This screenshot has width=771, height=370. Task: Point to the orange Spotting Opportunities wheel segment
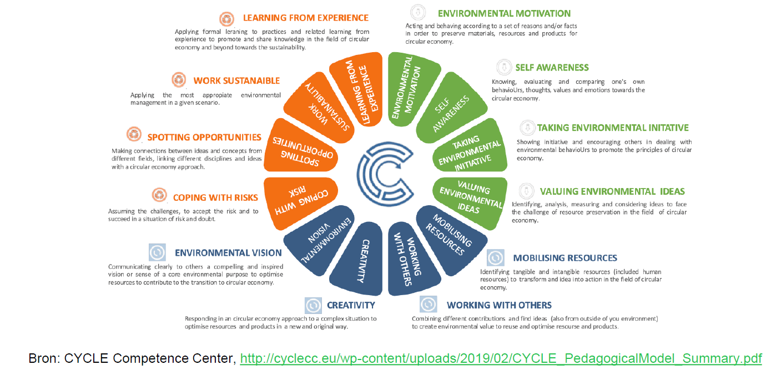click(x=294, y=150)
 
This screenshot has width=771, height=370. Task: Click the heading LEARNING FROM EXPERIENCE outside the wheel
click(x=305, y=18)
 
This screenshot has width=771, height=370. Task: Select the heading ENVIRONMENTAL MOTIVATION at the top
click(x=504, y=13)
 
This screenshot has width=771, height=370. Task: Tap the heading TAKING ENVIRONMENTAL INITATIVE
click(x=613, y=128)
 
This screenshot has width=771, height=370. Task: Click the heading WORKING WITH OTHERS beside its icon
click(x=499, y=305)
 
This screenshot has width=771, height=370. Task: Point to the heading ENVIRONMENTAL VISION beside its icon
click(x=228, y=253)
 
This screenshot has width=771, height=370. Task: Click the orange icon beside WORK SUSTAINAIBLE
click(x=179, y=80)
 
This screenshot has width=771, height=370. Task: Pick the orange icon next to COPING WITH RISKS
click(x=159, y=195)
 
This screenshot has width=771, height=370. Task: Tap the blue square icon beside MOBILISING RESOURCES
click(x=495, y=257)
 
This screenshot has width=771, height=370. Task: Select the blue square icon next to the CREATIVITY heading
click(x=313, y=305)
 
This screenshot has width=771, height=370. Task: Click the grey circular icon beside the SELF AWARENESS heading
click(x=504, y=67)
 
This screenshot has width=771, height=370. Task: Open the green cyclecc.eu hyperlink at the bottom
click(x=500, y=358)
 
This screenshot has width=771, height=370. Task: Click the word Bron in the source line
click(x=43, y=358)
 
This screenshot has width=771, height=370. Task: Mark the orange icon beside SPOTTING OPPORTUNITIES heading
click(x=134, y=134)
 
